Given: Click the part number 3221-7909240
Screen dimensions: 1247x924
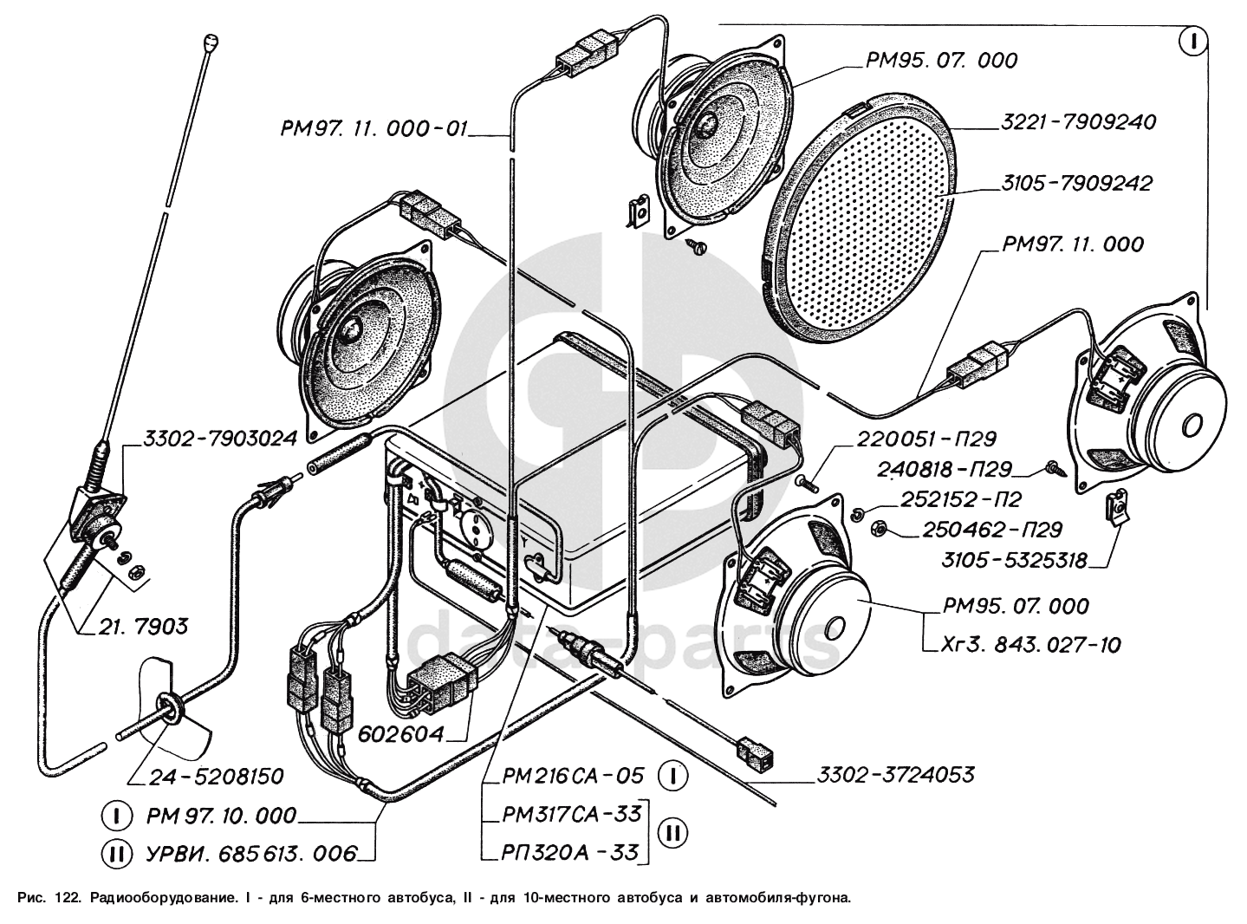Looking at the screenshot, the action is tap(1078, 122).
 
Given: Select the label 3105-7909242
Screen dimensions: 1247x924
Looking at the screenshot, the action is tap(1076, 184).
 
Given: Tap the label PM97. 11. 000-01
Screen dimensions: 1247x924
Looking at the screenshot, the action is tap(373, 129).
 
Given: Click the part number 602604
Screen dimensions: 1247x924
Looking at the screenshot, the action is tap(401, 734).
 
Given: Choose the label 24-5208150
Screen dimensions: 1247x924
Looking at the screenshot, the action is tap(216, 777).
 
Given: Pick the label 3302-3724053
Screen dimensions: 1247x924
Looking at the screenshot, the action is tap(895, 775).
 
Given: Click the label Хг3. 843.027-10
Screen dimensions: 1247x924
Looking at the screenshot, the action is tap(1031, 645).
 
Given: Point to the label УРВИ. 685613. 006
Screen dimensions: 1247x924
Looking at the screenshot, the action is tap(251, 855).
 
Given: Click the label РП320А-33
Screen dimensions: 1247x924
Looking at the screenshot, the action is tap(569, 853).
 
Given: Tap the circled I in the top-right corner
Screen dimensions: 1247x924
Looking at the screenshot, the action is tap(1192, 42).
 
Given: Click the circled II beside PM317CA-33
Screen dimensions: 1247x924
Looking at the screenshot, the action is tap(672, 833).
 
